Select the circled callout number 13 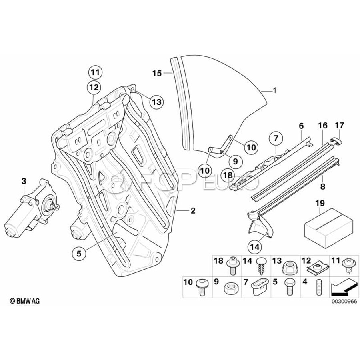157,102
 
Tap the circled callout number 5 79,252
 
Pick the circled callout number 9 235,161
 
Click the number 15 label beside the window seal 157,73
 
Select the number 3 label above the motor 24,182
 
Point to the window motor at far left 30,212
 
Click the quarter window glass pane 224,100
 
